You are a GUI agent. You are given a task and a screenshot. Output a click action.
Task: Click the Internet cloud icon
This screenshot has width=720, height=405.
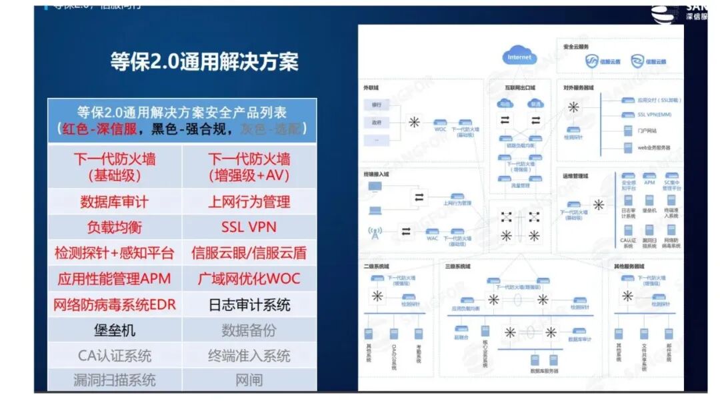click(519, 56)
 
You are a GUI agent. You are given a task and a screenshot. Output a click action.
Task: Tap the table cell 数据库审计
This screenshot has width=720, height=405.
click(115, 201)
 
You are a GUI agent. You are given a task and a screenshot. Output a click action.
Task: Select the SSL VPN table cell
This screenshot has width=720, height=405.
click(249, 227)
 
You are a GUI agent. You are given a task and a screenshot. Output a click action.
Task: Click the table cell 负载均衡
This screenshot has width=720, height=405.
click(115, 227)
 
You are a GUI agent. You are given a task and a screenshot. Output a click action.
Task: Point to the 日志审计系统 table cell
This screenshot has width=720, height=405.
click(249, 305)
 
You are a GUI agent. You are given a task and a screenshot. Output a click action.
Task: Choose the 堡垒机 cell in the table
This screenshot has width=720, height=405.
click(115, 330)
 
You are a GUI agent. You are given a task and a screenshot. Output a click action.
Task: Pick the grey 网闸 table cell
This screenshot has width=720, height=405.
click(249, 380)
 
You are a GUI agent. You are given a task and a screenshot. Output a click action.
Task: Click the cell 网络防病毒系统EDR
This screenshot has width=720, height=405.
click(115, 305)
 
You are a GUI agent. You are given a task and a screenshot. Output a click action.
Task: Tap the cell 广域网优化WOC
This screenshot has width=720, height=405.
click(249, 278)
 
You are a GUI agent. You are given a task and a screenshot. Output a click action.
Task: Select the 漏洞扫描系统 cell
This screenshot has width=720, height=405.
click(115, 380)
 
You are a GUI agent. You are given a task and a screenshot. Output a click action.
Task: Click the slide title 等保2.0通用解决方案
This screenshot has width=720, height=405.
click(204, 62)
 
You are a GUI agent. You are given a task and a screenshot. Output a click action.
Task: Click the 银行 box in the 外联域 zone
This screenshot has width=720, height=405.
click(377, 105)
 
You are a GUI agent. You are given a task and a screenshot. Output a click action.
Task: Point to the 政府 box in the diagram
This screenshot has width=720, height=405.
click(377, 123)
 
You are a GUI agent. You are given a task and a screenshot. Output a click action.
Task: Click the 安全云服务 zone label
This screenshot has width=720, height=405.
click(576, 47)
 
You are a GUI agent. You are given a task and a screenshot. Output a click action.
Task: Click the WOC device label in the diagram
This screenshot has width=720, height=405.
click(441, 129)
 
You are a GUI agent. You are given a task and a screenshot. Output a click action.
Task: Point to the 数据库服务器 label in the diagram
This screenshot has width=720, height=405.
click(544, 370)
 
